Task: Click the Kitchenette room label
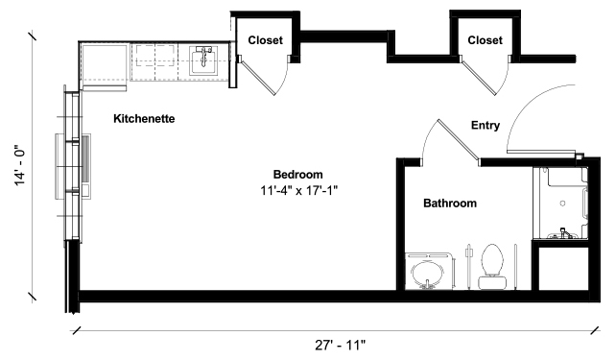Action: tap(144, 119)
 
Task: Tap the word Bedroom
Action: tap(297, 175)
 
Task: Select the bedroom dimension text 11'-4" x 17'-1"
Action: tap(299, 191)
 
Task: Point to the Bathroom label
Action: tap(450, 204)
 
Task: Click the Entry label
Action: tap(486, 126)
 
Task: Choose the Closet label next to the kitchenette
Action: tap(265, 40)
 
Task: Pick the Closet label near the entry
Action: tap(485, 40)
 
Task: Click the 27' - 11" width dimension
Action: tap(340, 346)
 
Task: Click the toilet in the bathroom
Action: tap(492, 267)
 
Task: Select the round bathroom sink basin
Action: tap(427, 276)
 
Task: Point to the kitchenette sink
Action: tap(203, 60)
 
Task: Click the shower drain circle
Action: tap(562, 204)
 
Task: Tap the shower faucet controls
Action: tap(564, 234)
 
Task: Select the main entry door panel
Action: tap(540, 152)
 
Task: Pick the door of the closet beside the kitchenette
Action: tap(258, 78)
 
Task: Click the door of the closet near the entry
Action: tap(478, 78)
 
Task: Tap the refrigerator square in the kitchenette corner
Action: tap(105, 65)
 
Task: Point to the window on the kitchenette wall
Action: tap(73, 165)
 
